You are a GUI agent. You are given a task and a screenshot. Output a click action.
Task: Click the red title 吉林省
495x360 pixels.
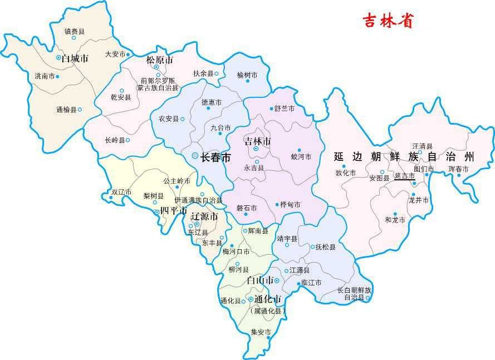point(388,21)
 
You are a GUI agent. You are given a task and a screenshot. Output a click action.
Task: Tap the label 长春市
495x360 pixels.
point(215,158)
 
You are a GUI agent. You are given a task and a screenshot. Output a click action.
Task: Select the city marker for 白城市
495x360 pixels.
point(58,57)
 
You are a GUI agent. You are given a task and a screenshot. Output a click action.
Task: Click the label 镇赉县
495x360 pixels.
point(74,31)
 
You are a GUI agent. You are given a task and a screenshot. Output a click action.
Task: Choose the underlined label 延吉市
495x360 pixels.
point(404,176)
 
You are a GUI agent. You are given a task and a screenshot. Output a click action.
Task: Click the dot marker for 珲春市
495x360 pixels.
point(459,176)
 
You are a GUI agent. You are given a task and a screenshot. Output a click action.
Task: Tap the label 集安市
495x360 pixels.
point(261,332)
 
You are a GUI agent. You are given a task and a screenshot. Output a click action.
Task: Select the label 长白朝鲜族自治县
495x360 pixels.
point(354,294)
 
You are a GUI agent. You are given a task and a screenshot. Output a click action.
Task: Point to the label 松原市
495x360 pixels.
point(159,60)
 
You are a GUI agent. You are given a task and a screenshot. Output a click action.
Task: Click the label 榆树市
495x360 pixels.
point(247,75)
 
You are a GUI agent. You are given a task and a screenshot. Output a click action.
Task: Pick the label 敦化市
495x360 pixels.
point(345,172)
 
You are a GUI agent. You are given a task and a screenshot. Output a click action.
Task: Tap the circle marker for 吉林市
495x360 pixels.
point(256,149)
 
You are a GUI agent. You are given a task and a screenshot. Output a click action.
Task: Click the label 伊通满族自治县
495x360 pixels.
point(198,200)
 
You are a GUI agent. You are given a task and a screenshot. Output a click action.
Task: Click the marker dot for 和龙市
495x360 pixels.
point(395,214)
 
